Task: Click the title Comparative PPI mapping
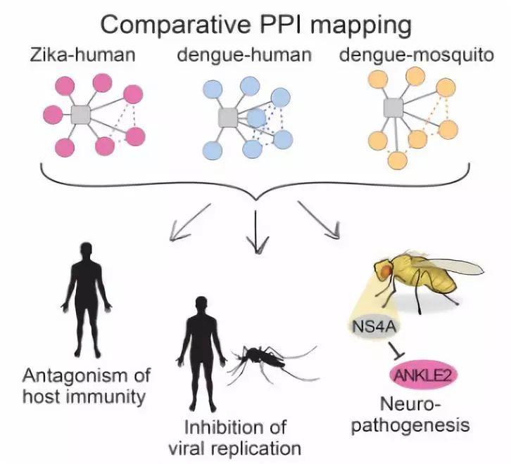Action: tap(255, 26)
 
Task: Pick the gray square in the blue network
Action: tap(227, 117)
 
